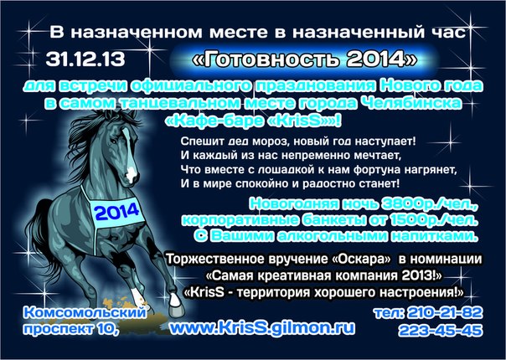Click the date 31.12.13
tap(85, 59)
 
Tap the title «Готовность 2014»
tap(305, 59)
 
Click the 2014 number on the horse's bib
tap(117, 212)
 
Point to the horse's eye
tap(113, 141)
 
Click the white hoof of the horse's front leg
tap(174, 301)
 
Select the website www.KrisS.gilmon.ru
tap(262, 327)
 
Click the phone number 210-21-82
tap(445, 312)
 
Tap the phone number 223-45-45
tap(440, 331)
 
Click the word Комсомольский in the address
tap(85, 312)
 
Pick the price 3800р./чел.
tap(429, 203)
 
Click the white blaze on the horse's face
tap(130, 157)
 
